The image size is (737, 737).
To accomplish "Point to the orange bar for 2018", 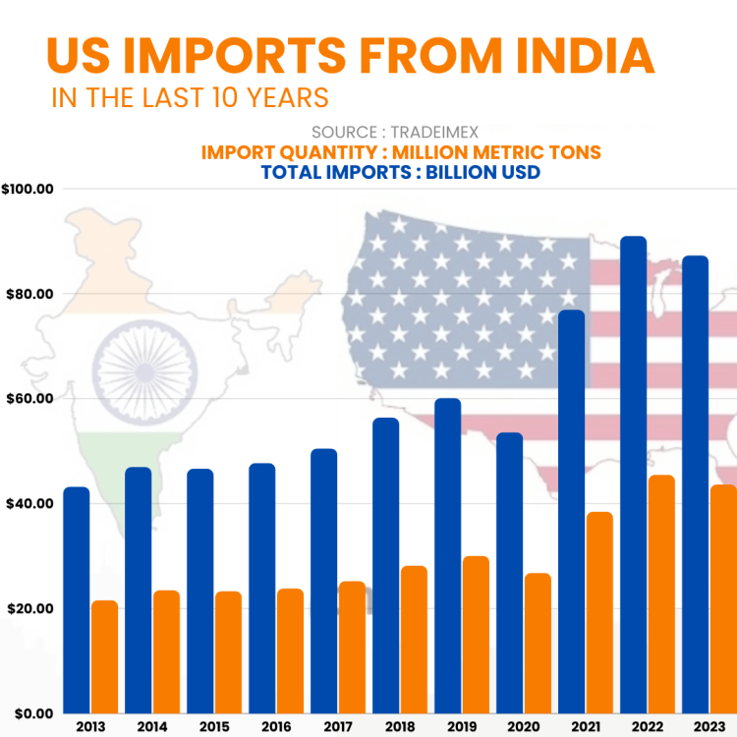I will pyautogui.click(x=414, y=639).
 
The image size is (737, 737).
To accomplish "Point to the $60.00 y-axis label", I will pyautogui.click(x=29, y=399).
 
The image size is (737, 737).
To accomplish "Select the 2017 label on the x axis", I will pyautogui.click(x=338, y=726).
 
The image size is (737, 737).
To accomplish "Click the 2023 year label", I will pyautogui.click(x=709, y=726).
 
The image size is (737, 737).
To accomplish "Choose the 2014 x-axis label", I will pyautogui.click(x=152, y=726).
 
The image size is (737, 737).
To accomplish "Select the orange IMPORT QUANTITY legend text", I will pyautogui.click(x=401, y=152).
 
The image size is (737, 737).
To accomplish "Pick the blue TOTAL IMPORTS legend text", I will pyautogui.click(x=401, y=172).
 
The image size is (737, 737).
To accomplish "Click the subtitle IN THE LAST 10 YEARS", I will pyautogui.click(x=190, y=99).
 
